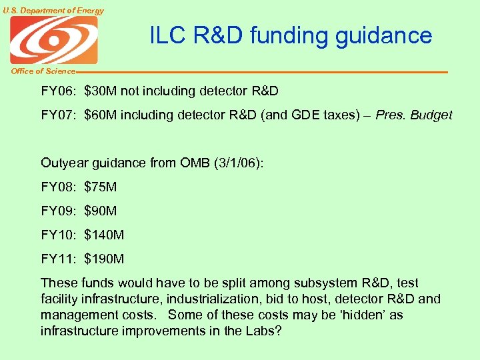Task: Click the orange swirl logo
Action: point(53,40)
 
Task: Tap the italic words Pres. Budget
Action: point(413,115)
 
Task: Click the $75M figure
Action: point(101,187)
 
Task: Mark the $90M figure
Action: point(101,211)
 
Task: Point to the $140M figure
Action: point(104,235)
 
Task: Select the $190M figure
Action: point(104,259)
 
